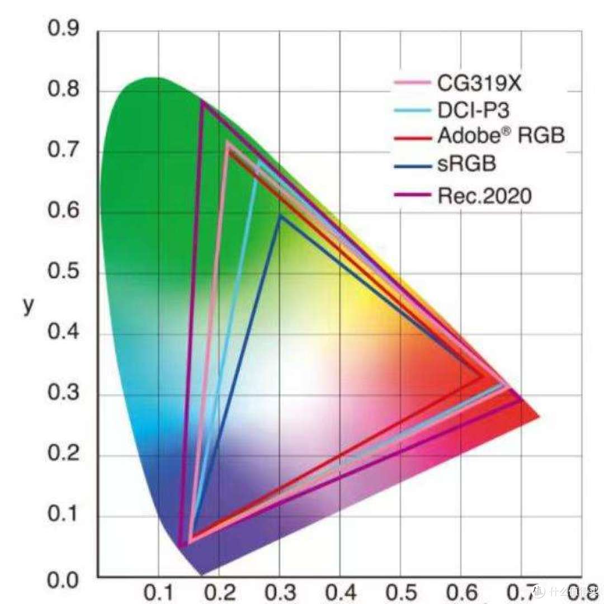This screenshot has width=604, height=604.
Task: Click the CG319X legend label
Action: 479,83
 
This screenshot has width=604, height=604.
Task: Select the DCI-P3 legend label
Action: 474,110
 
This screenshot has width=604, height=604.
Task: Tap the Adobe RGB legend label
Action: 501,135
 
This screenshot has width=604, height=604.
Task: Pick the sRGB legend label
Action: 466,164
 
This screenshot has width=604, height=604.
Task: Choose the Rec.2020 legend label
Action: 484,196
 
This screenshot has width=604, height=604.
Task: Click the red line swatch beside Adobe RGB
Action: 413,138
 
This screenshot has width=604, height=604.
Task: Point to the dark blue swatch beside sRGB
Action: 413,167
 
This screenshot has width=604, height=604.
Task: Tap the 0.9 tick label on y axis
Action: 63,28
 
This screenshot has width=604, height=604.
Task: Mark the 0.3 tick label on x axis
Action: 280,593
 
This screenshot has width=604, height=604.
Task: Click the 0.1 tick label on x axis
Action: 159,593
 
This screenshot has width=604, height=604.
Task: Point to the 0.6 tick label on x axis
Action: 461,593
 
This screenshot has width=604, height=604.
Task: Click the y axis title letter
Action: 29,306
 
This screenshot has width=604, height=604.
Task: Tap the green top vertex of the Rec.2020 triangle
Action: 202,102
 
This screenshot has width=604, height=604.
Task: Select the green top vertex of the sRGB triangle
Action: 281,216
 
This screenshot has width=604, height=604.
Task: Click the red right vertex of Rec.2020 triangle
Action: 522,400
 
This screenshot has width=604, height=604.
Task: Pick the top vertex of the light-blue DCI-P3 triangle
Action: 258,162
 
